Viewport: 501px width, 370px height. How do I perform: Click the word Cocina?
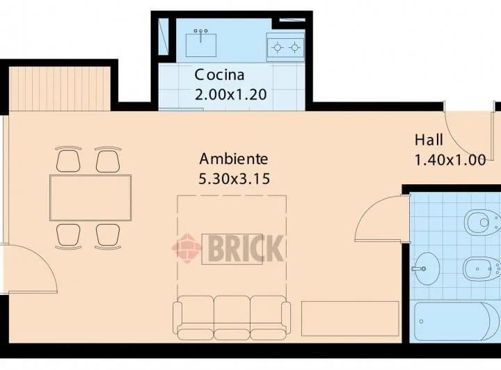point(219,74)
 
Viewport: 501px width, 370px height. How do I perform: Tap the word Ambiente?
point(234,158)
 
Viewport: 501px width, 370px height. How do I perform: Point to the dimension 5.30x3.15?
point(234,179)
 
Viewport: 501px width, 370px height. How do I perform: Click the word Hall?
point(429,139)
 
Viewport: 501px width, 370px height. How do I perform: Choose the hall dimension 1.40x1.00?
point(450,160)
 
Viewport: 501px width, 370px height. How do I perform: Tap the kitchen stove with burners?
point(286,47)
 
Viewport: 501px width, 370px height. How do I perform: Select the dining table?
point(90,198)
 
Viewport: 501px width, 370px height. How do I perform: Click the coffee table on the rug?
point(232,249)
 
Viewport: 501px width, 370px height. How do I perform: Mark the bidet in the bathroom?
point(482,268)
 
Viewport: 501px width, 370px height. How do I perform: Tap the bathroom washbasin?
point(425,268)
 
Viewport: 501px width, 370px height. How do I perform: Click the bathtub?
point(456,321)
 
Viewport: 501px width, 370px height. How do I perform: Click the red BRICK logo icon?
point(186,248)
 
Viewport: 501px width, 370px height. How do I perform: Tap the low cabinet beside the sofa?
point(350,318)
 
